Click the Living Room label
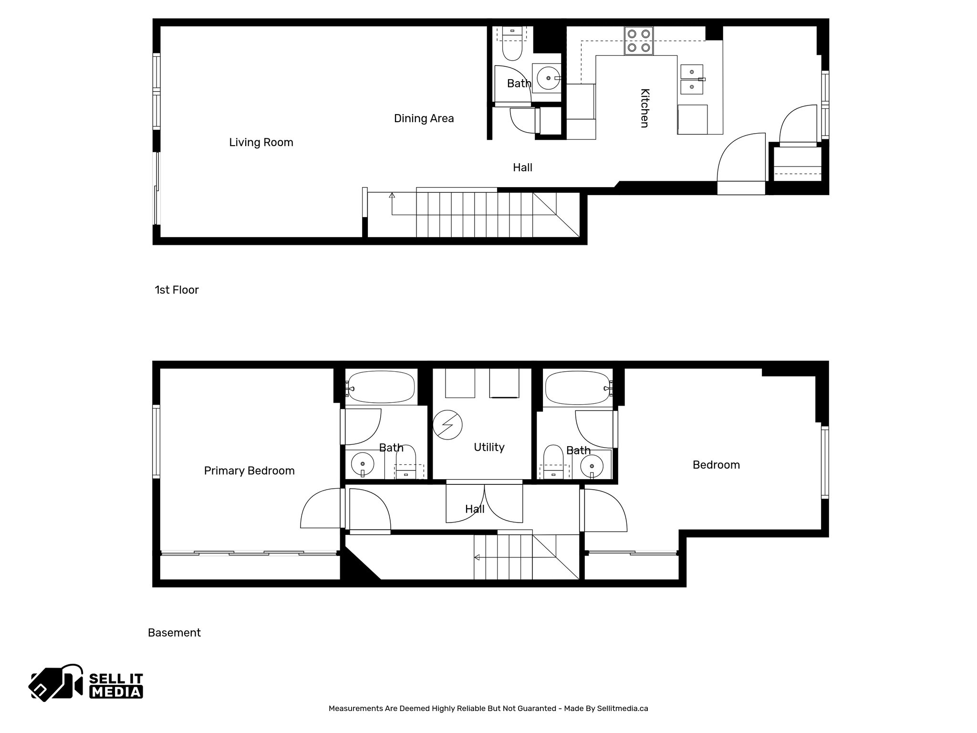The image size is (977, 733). coord(261,142)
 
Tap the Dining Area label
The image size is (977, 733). coord(424,118)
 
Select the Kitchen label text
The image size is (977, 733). coord(644,108)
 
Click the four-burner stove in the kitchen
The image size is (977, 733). coord(639,41)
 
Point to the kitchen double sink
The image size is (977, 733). coord(692,79)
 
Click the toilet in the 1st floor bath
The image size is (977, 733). coord(512,48)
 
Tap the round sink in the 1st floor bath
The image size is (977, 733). coord(548,78)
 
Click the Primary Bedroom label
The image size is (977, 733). coord(249,471)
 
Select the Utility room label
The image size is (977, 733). coord(489,447)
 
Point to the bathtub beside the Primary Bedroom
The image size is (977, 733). coord(381,387)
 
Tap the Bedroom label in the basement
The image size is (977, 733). coord(716,465)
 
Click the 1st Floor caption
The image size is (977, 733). coord(177,290)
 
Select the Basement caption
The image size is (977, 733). coord(174,633)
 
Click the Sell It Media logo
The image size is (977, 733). coord(86,682)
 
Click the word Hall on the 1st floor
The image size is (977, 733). coord(522,168)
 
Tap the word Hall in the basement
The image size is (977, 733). coord(475,509)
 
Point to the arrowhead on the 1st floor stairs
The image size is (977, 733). coord(392,195)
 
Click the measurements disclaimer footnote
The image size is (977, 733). coord(488,709)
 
